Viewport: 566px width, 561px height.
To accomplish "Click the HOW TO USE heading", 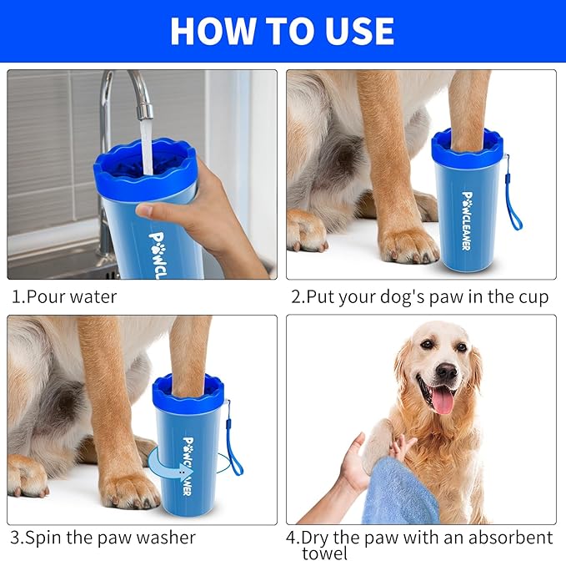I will [x=282, y=31].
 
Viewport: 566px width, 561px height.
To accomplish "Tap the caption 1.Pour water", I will [x=64, y=296].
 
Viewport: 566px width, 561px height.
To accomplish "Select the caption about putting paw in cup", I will [x=419, y=296].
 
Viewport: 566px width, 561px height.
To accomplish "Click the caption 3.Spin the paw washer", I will [x=103, y=538].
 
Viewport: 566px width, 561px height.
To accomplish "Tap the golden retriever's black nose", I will [x=446, y=371].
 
